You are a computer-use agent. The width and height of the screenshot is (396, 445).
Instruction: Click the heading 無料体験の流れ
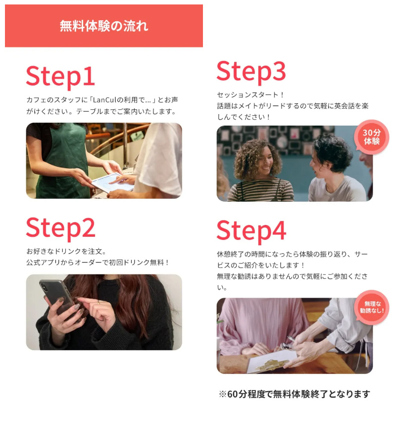pyautogui.click(x=104, y=26)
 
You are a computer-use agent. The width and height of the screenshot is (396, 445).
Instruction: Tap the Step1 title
pyautogui.click(x=60, y=77)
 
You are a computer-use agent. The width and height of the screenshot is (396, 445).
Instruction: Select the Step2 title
pyautogui.click(x=60, y=228)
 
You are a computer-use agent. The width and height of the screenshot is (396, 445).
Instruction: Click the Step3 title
pyautogui.click(x=251, y=72)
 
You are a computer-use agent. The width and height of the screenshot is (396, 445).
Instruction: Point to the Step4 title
pyautogui.click(x=251, y=230)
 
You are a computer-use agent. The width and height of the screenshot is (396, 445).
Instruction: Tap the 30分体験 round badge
pyautogui.click(x=371, y=137)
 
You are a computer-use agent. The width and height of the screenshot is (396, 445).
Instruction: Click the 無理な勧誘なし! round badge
pyautogui.click(x=372, y=307)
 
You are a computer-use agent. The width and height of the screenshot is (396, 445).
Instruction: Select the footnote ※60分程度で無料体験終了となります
pyautogui.click(x=294, y=394)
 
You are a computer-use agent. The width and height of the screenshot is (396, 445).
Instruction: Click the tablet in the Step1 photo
pyautogui.click(x=111, y=182)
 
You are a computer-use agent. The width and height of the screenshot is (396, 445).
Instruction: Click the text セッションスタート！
pyautogui.click(x=251, y=94)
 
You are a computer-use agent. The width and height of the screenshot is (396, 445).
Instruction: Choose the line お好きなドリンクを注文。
pyautogui.click(x=66, y=251)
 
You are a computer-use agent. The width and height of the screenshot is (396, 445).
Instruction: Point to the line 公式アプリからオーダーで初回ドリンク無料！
pyautogui.click(x=98, y=263)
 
